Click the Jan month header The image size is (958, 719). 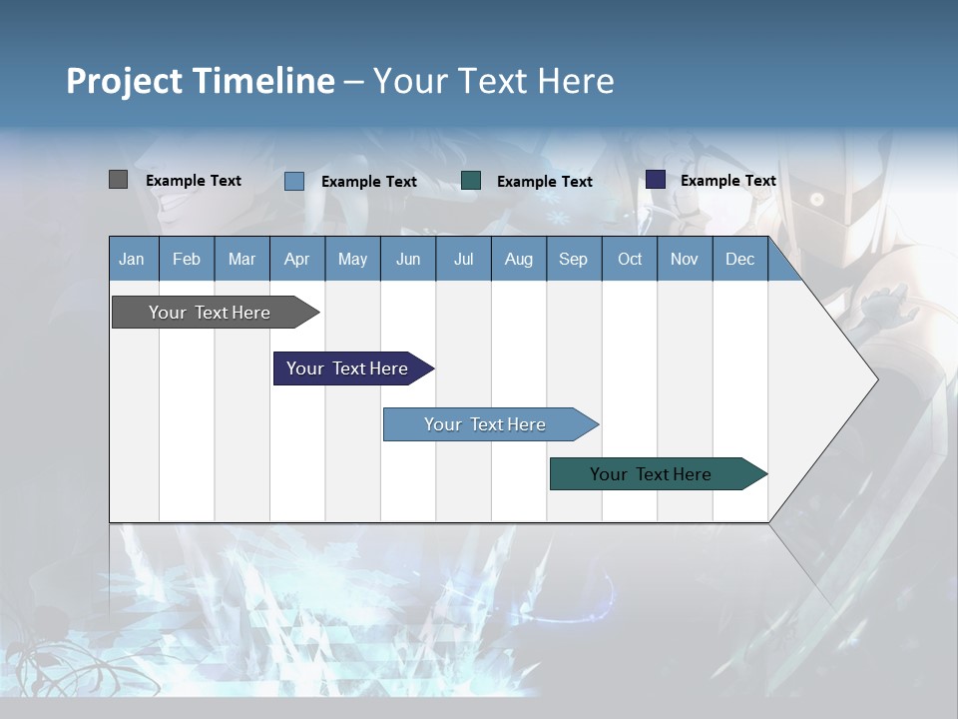133,259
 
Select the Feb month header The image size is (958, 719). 187,259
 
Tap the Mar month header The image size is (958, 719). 241,259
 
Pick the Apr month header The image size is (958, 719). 296,259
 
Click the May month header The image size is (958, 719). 352,259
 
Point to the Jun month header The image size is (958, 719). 408,259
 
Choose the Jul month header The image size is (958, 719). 463,259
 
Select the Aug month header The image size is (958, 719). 518,259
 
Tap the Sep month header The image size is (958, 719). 574,259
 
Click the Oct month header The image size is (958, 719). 630,259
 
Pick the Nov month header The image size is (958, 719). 685,259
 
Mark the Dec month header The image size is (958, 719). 740,259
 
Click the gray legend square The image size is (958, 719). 118,180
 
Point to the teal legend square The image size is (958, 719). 471,181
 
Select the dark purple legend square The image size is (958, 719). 656,180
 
